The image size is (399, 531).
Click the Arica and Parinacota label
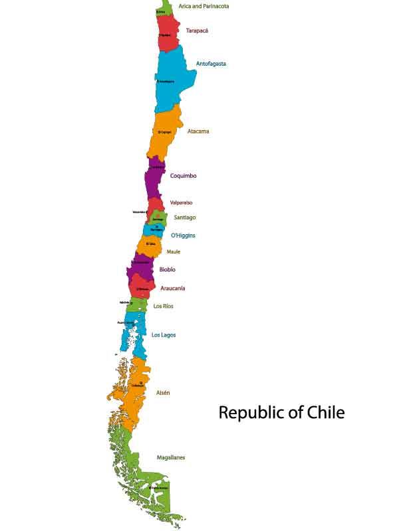(x=203, y=6)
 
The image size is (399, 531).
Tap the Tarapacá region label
(x=198, y=31)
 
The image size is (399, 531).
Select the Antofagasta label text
(x=211, y=64)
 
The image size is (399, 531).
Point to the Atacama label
(x=198, y=131)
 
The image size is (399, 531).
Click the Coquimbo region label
(x=183, y=176)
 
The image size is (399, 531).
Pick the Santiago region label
(x=185, y=217)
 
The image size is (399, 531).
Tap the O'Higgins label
(x=183, y=236)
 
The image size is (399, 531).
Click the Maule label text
(x=174, y=252)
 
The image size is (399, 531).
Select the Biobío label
(x=168, y=269)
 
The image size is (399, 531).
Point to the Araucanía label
(x=173, y=289)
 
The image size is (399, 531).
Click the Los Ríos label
(x=164, y=306)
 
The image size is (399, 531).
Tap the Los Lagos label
(x=164, y=335)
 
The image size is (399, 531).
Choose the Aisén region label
(x=163, y=393)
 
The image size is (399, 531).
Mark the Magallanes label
(x=171, y=458)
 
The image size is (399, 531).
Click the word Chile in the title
(x=324, y=412)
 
